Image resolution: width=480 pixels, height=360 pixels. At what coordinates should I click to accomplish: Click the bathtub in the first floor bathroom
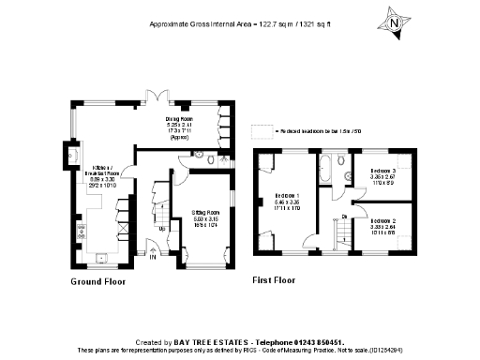[x=324, y=171]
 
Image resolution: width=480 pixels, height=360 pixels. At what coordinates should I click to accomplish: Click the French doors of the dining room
[x=160, y=94]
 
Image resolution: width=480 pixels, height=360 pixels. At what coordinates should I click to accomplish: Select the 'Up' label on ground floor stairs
[x=162, y=228]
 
